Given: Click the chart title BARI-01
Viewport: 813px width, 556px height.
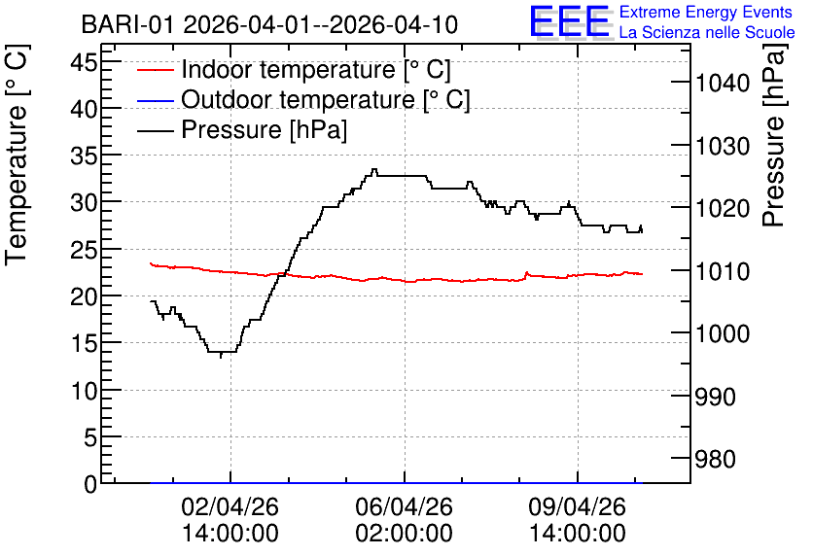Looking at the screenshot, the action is click(x=127, y=25).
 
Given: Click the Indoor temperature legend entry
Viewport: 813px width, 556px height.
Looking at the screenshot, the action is click(x=294, y=69).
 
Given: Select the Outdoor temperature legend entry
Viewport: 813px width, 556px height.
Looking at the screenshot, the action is click(x=303, y=99).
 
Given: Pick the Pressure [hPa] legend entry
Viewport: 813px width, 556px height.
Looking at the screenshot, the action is click(x=242, y=129).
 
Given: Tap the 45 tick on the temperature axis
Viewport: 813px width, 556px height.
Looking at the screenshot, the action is click(x=84, y=63).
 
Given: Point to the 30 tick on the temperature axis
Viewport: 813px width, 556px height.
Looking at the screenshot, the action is click(x=84, y=202).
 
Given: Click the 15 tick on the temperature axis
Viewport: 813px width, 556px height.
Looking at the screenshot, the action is click(x=84, y=343).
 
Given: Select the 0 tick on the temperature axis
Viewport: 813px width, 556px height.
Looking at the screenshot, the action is click(x=90, y=484).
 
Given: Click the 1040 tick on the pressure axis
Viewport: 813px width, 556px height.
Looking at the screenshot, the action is click(x=723, y=83).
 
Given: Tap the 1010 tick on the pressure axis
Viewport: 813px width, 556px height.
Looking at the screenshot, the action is click(x=723, y=271).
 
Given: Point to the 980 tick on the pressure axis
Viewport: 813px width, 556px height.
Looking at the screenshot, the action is click(x=715, y=459).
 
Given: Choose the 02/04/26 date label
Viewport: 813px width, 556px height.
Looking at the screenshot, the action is click(x=230, y=506).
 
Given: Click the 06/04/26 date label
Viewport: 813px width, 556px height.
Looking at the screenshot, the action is click(x=404, y=506).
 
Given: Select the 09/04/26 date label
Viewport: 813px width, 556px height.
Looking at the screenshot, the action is click(x=577, y=506).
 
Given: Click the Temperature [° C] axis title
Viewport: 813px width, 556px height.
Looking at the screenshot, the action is click(x=17, y=156).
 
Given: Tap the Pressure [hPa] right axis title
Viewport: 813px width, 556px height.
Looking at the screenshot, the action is click(x=774, y=135).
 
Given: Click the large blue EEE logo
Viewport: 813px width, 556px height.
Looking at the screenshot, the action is click(x=569, y=20).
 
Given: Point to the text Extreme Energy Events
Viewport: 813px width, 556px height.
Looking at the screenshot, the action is click(x=706, y=12).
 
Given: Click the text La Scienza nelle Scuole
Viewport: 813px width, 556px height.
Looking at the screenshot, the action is click(x=707, y=32).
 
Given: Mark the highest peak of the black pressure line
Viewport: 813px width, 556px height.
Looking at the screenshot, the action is click(x=374, y=169).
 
